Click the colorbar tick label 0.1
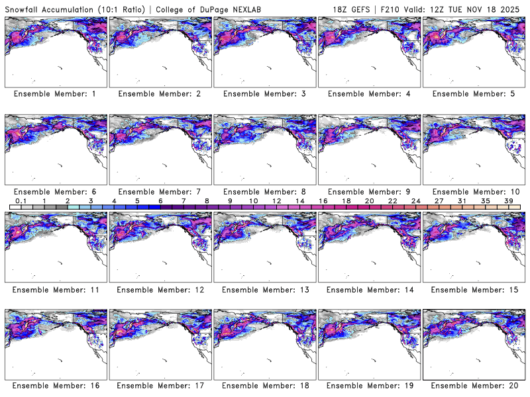21,200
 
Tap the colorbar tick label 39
509,200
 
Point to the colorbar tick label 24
416,200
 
